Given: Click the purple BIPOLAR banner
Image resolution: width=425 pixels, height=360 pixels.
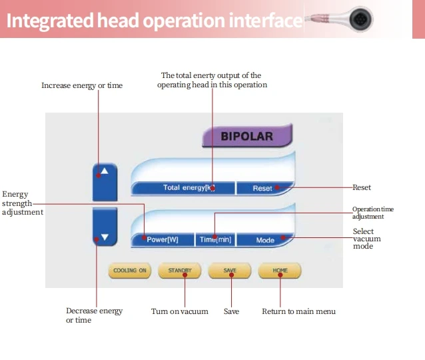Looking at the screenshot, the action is (247, 135).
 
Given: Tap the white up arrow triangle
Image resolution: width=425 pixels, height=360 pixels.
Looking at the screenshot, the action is (105, 171).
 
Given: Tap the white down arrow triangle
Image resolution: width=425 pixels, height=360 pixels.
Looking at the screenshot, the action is (105, 237).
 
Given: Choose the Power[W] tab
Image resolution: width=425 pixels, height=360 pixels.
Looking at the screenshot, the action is (163, 239).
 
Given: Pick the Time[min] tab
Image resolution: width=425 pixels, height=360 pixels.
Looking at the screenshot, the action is (215, 239).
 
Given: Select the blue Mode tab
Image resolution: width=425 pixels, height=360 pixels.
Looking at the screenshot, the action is (265, 240).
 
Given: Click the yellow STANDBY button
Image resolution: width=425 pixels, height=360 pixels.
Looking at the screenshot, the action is (180, 271).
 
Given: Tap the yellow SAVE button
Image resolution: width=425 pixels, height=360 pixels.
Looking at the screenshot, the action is (230, 271).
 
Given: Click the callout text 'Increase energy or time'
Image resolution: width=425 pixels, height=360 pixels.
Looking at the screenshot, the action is (82, 85).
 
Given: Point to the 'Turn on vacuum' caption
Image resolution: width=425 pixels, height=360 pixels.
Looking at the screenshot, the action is (180, 311).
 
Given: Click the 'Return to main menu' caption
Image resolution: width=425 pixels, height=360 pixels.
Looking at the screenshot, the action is (298, 311).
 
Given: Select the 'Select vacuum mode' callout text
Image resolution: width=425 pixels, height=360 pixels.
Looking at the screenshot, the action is (367, 239).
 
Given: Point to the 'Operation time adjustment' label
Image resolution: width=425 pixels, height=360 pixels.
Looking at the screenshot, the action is (373, 213).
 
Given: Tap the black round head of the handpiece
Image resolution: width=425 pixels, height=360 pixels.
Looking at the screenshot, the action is (360, 19).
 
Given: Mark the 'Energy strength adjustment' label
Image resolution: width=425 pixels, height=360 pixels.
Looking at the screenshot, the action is (23, 203).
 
